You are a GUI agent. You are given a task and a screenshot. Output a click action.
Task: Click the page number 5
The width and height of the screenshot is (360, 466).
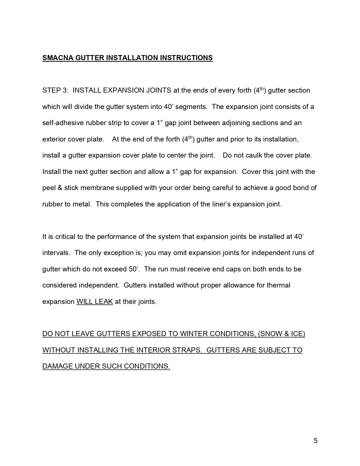(x=315, y=441)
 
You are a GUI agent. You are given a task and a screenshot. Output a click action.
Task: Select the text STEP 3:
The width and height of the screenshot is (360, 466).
(x=55, y=90)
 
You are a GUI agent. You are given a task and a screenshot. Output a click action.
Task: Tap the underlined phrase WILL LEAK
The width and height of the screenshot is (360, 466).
(x=95, y=302)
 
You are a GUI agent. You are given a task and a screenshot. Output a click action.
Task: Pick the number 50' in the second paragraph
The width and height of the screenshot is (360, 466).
(x=134, y=269)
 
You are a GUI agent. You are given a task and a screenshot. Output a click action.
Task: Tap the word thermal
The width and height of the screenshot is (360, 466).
(x=278, y=285)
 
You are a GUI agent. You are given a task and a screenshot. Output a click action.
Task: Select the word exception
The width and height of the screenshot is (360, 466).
(x=118, y=253)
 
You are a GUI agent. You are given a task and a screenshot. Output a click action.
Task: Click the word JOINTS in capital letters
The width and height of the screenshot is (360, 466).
(x=158, y=90)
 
